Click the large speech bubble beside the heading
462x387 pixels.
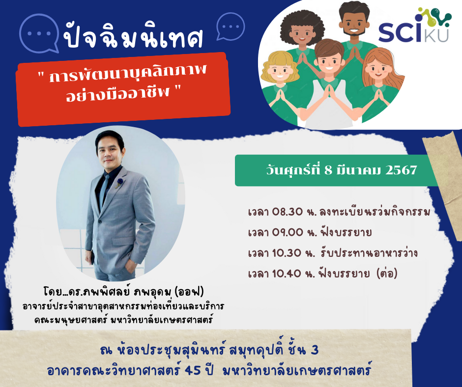tap(39, 33)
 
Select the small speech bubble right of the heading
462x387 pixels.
tap(231, 26)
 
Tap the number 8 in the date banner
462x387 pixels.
tap(328, 170)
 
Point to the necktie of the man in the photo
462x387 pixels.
tap(104, 190)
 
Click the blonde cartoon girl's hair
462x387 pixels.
tap(279, 63)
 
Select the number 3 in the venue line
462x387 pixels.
tap(315, 350)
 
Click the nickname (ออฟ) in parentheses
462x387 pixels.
tap(189, 292)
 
